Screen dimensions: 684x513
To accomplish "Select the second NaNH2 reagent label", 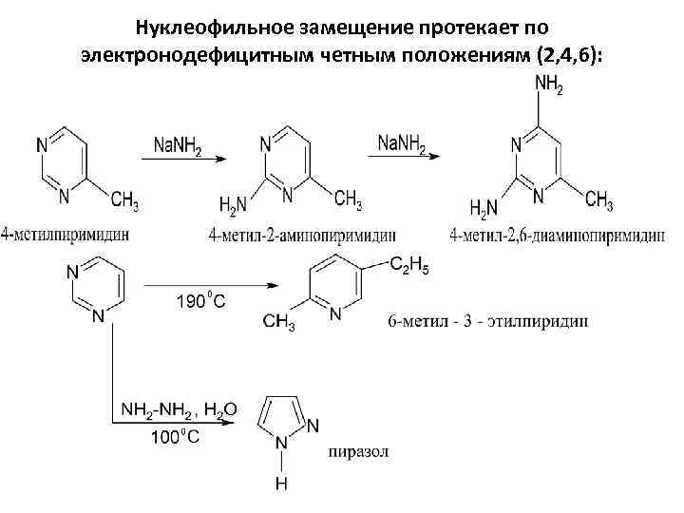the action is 402,144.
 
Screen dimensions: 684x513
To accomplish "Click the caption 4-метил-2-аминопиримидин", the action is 301,234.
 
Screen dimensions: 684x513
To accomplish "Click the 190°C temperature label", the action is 201,302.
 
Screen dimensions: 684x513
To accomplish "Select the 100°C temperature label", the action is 175,438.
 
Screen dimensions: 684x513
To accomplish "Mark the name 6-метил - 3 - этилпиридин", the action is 488,320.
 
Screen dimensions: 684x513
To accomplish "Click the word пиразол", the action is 358,450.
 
